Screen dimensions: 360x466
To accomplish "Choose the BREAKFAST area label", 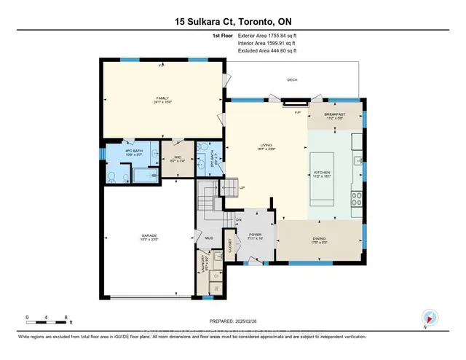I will (x=335, y=115).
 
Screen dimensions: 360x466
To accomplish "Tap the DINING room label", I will (x=319, y=238).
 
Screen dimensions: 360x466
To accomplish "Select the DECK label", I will (x=293, y=79).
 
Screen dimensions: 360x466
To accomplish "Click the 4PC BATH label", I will (x=122, y=152).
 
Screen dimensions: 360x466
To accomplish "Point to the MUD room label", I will (x=208, y=238).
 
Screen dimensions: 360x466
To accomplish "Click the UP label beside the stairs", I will (x=242, y=187).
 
